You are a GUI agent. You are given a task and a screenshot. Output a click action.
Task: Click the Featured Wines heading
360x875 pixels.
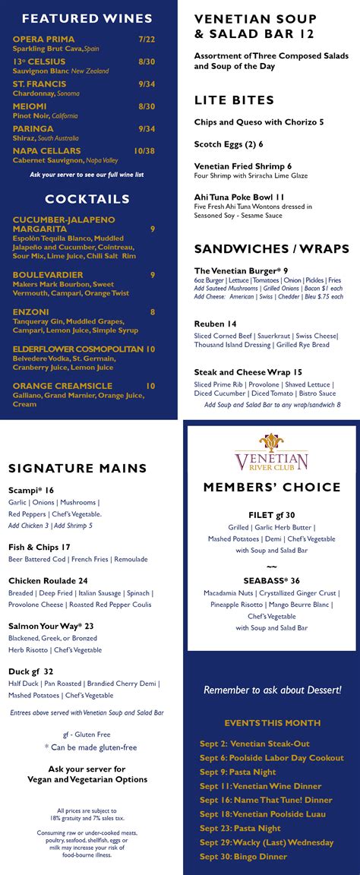[x=87, y=18]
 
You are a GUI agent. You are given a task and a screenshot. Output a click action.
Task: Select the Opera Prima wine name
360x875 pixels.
[x=43, y=39]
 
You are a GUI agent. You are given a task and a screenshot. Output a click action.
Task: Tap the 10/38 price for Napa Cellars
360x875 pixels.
[x=144, y=150]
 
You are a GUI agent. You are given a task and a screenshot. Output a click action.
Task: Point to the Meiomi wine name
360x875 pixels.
[x=30, y=106]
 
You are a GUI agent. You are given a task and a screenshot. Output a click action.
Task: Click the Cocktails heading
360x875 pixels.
[x=87, y=199]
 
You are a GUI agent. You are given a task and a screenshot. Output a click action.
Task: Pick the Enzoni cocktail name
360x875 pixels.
[x=30, y=311]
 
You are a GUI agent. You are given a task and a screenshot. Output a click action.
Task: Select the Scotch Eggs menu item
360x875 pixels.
[x=229, y=144]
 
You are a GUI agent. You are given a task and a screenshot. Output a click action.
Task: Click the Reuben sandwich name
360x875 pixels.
[x=215, y=324]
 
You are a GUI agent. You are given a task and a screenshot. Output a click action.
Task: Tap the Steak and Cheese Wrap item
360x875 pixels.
[x=248, y=372]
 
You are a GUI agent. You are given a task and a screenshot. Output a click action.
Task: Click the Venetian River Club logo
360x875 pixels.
[x=271, y=453]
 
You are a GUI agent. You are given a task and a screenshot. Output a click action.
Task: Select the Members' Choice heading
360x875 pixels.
[x=271, y=488]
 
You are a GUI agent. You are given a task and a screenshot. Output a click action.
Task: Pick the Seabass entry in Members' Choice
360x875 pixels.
[x=271, y=580]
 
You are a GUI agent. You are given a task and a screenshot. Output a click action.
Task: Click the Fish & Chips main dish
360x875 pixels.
[x=39, y=547]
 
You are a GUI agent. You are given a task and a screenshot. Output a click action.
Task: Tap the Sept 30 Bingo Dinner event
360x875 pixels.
[x=243, y=857]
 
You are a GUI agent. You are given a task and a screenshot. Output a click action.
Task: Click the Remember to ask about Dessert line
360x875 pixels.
[x=272, y=690]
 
